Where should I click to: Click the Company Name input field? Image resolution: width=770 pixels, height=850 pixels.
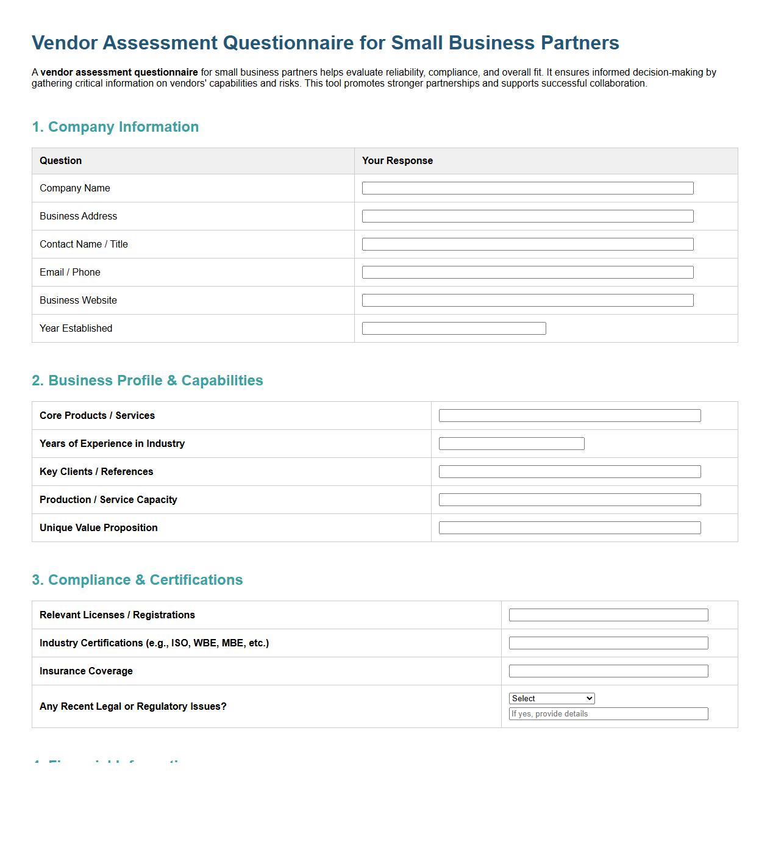(x=527, y=188)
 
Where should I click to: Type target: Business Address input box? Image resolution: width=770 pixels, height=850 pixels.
(x=527, y=216)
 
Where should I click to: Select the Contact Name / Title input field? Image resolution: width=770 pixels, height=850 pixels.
(x=527, y=245)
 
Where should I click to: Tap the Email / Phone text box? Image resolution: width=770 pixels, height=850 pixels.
(x=527, y=273)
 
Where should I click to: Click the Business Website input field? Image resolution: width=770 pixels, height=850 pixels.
(x=527, y=301)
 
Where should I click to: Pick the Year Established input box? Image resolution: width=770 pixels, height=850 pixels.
(x=454, y=329)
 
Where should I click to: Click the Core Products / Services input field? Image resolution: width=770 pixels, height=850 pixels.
(x=569, y=416)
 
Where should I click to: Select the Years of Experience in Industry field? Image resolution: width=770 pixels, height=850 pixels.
(x=512, y=444)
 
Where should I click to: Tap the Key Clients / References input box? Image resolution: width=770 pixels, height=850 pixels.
(x=569, y=472)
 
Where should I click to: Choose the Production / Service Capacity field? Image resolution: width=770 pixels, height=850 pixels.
(x=569, y=500)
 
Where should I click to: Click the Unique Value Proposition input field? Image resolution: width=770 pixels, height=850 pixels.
(x=569, y=528)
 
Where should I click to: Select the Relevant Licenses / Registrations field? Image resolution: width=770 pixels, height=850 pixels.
(x=608, y=615)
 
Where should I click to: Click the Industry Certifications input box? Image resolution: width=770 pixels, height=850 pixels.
(x=608, y=643)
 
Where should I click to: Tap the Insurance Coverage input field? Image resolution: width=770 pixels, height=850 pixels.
(x=608, y=671)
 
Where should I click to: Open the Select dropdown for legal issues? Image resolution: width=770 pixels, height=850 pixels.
(x=552, y=699)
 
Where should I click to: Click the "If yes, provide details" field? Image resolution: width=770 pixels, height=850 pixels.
(x=608, y=714)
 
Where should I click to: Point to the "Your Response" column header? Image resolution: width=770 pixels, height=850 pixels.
(x=397, y=161)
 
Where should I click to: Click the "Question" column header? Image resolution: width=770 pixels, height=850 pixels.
(x=61, y=161)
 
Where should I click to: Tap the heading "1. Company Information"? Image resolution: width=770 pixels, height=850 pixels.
(x=115, y=127)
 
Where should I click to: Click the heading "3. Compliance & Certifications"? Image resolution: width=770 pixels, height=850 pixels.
(x=137, y=580)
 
